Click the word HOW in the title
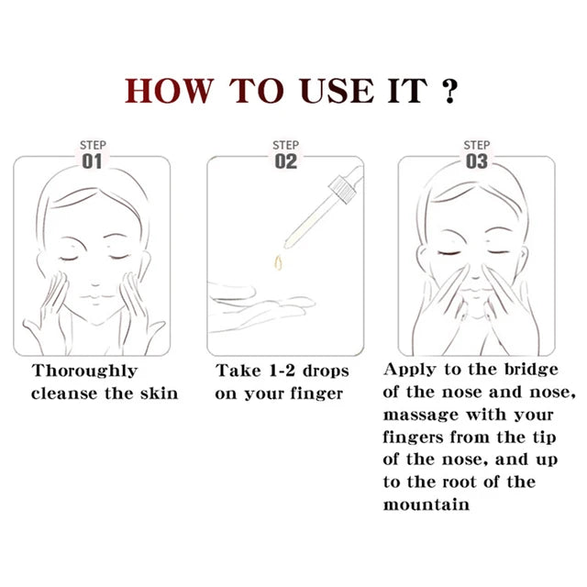(169, 91)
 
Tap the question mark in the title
(449, 91)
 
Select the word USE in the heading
(337, 91)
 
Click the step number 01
(92, 161)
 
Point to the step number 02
(285, 161)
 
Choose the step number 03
(477, 161)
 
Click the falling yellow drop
(278, 262)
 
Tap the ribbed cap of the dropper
(342, 189)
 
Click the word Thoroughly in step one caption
(84, 371)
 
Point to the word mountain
(426, 504)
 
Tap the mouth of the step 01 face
(95, 297)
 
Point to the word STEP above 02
(285, 145)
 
